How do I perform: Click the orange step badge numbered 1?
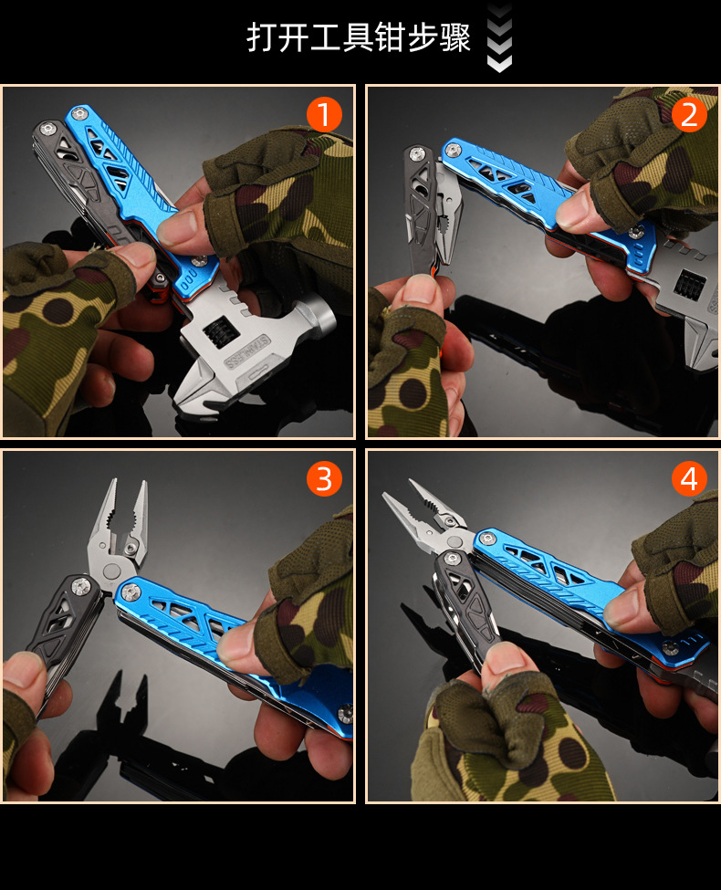[x=324, y=114]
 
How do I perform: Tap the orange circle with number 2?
[x=689, y=114]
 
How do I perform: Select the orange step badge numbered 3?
[x=324, y=478]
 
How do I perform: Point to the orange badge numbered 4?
[x=689, y=478]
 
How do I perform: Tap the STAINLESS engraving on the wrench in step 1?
[x=247, y=352]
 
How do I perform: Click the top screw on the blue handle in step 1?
[x=79, y=114]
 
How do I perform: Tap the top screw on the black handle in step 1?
[x=47, y=129]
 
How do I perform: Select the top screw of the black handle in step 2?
[x=417, y=152]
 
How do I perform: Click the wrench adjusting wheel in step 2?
[x=689, y=284]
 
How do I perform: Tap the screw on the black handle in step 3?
[x=80, y=587]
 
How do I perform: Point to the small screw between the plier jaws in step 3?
[x=131, y=548]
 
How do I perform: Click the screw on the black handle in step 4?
[x=452, y=559]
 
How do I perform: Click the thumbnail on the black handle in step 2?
[x=417, y=289]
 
